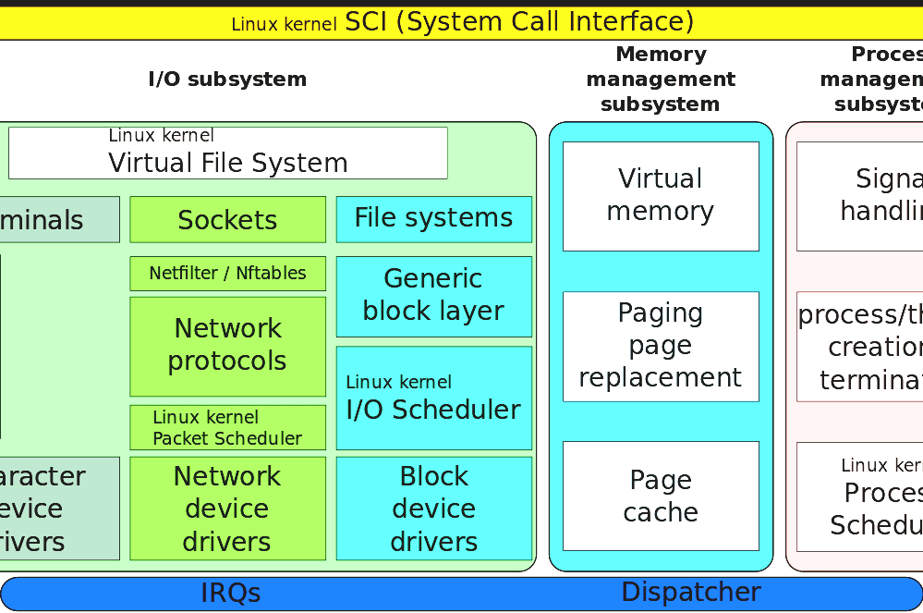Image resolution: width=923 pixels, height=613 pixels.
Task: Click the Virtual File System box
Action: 227,153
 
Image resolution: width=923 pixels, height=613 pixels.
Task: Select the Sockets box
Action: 227,220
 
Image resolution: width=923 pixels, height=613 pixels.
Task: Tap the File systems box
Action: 433,219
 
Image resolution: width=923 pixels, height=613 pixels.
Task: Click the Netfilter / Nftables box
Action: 227,274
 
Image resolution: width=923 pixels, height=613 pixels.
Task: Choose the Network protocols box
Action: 227,346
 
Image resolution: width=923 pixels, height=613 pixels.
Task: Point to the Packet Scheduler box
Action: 227,427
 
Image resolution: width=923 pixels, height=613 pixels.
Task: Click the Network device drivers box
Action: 227,509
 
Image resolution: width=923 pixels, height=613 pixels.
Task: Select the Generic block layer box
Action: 433,296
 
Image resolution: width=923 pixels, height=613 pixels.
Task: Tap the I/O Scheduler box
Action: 433,398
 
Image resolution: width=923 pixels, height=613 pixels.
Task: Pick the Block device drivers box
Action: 433,509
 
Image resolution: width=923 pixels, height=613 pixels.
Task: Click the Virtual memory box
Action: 661,196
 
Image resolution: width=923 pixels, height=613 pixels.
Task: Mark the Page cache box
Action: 661,496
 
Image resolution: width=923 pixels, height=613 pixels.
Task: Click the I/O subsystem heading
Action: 227,80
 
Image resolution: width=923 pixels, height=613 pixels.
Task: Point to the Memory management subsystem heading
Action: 661,80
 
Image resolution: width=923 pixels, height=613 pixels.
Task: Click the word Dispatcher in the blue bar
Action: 691,593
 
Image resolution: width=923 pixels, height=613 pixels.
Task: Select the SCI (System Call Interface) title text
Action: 519,21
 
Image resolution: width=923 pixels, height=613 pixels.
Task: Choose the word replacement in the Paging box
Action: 661,378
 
